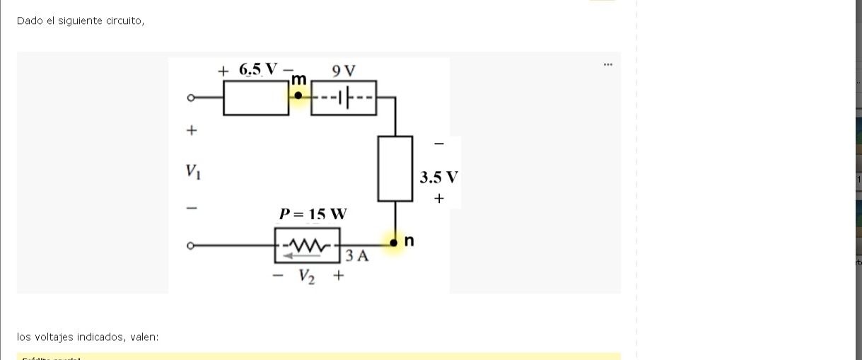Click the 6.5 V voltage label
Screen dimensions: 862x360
[x=260, y=69]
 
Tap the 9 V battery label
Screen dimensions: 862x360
[x=344, y=70]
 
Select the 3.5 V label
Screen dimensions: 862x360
[x=438, y=177]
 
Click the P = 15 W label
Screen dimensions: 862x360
[x=313, y=214]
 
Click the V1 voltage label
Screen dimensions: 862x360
[x=192, y=171]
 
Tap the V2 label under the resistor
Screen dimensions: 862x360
[x=307, y=277]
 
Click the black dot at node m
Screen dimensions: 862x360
[x=298, y=96]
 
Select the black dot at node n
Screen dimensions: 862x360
[x=395, y=243]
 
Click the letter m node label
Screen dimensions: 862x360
[x=300, y=79]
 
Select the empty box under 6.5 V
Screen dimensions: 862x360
[x=256, y=98]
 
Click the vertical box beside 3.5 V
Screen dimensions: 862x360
[x=395, y=169]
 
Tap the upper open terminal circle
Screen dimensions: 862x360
[x=190, y=98]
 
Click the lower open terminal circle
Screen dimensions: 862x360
[x=190, y=245]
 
